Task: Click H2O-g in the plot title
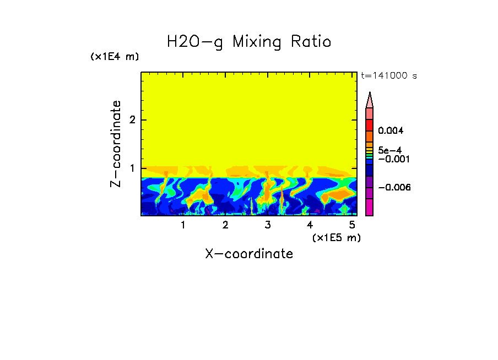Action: (195, 42)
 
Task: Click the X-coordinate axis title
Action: (249, 254)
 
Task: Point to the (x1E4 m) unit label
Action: (115, 57)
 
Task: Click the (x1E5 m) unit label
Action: (336, 237)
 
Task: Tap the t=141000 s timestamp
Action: (389, 76)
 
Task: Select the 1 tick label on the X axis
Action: (183, 225)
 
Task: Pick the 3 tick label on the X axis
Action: (268, 225)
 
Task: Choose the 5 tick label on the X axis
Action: (352, 225)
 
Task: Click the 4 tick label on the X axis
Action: (310, 225)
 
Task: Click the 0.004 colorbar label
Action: (391, 131)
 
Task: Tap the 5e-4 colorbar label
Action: (390, 150)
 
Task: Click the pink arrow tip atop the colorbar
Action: (370, 100)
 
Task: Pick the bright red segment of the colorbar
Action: (370, 124)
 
